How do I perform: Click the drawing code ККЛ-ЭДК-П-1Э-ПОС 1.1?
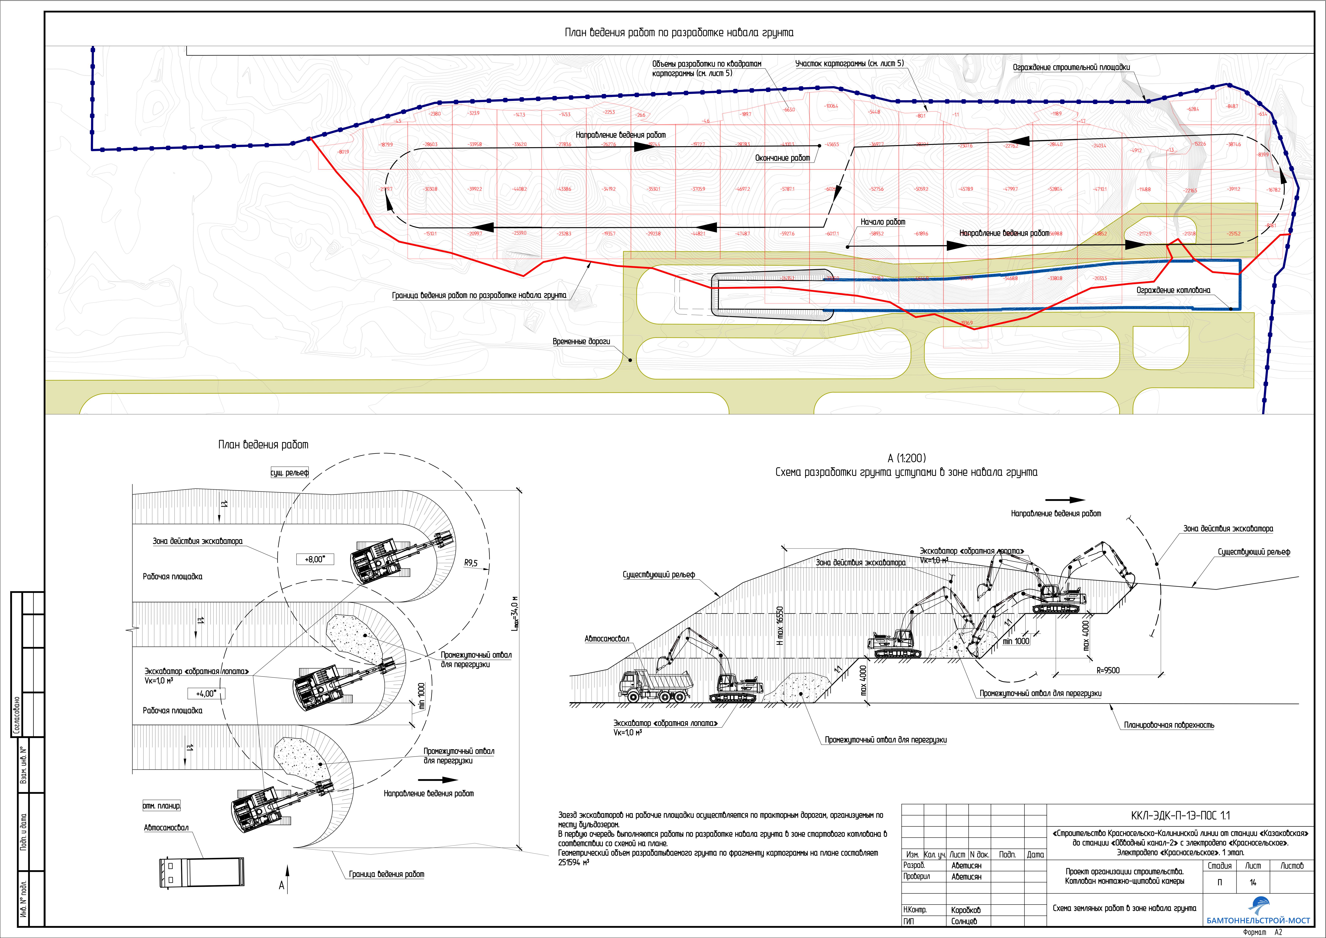(1180, 816)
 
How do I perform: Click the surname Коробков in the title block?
(966, 910)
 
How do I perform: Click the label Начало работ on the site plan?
(882, 222)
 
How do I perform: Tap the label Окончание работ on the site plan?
(783, 158)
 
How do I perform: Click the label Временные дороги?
(581, 341)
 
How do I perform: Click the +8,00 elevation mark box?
(315, 559)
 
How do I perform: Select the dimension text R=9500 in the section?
(1108, 671)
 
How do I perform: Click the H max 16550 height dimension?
(780, 626)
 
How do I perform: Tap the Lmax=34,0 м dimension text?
(516, 612)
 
